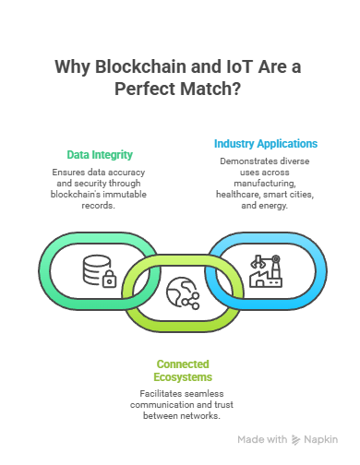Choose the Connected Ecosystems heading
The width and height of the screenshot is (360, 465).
pos(183,370)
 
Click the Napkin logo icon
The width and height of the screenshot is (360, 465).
pos(295,441)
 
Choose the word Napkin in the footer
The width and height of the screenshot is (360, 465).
pos(320,441)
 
